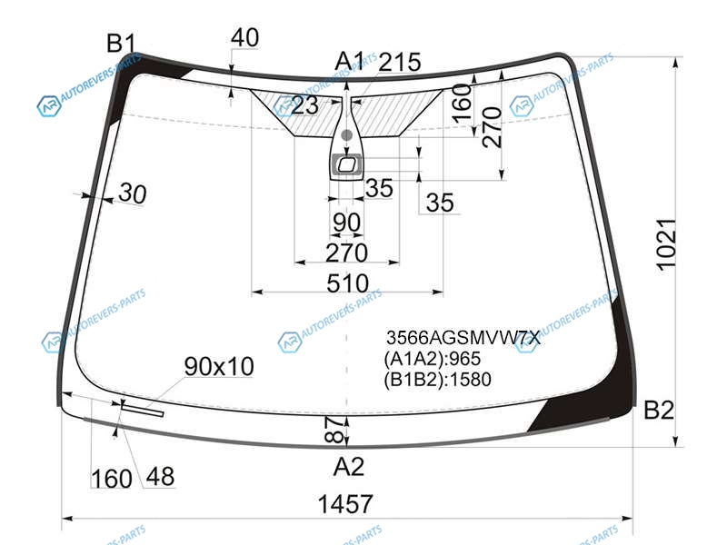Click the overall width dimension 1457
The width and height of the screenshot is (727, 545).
tap(345, 504)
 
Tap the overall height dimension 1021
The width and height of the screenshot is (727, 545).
tap(667, 244)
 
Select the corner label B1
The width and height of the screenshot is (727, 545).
tap(121, 44)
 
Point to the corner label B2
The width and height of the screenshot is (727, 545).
tap(659, 411)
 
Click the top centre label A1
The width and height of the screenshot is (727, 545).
tap(350, 61)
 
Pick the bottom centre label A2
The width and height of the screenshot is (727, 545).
tap(349, 467)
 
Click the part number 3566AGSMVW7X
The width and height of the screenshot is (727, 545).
tap(463, 338)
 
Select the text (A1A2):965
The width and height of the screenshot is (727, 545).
tap(433, 359)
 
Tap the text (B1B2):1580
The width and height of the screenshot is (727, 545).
tap(437, 380)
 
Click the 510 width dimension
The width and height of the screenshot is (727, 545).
tap(347, 283)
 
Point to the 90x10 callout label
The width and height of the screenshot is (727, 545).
tap(219, 367)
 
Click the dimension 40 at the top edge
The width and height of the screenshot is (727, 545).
tap(244, 37)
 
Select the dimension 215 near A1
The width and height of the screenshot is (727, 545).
tap(400, 62)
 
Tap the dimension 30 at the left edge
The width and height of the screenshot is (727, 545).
tap(133, 193)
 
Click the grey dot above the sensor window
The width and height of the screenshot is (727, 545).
tap(346, 135)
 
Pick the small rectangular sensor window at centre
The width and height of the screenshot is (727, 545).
tap(347, 164)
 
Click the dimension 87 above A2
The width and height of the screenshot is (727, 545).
tap(335, 429)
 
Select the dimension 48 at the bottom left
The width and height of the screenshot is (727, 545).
tap(161, 476)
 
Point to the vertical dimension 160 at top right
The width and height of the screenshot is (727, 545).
tap(463, 104)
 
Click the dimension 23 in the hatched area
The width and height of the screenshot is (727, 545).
tap(304, 105)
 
